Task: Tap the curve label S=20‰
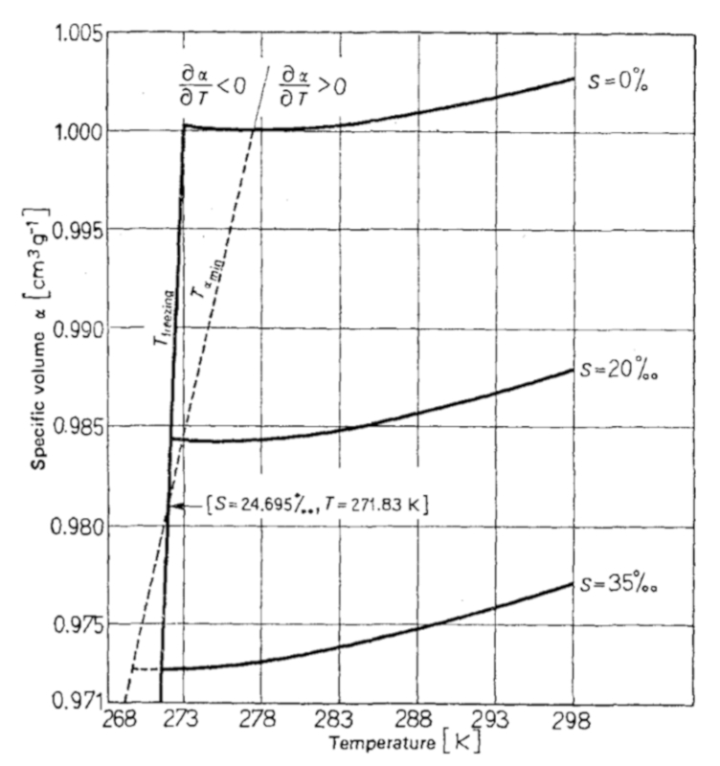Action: coord(620,370)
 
